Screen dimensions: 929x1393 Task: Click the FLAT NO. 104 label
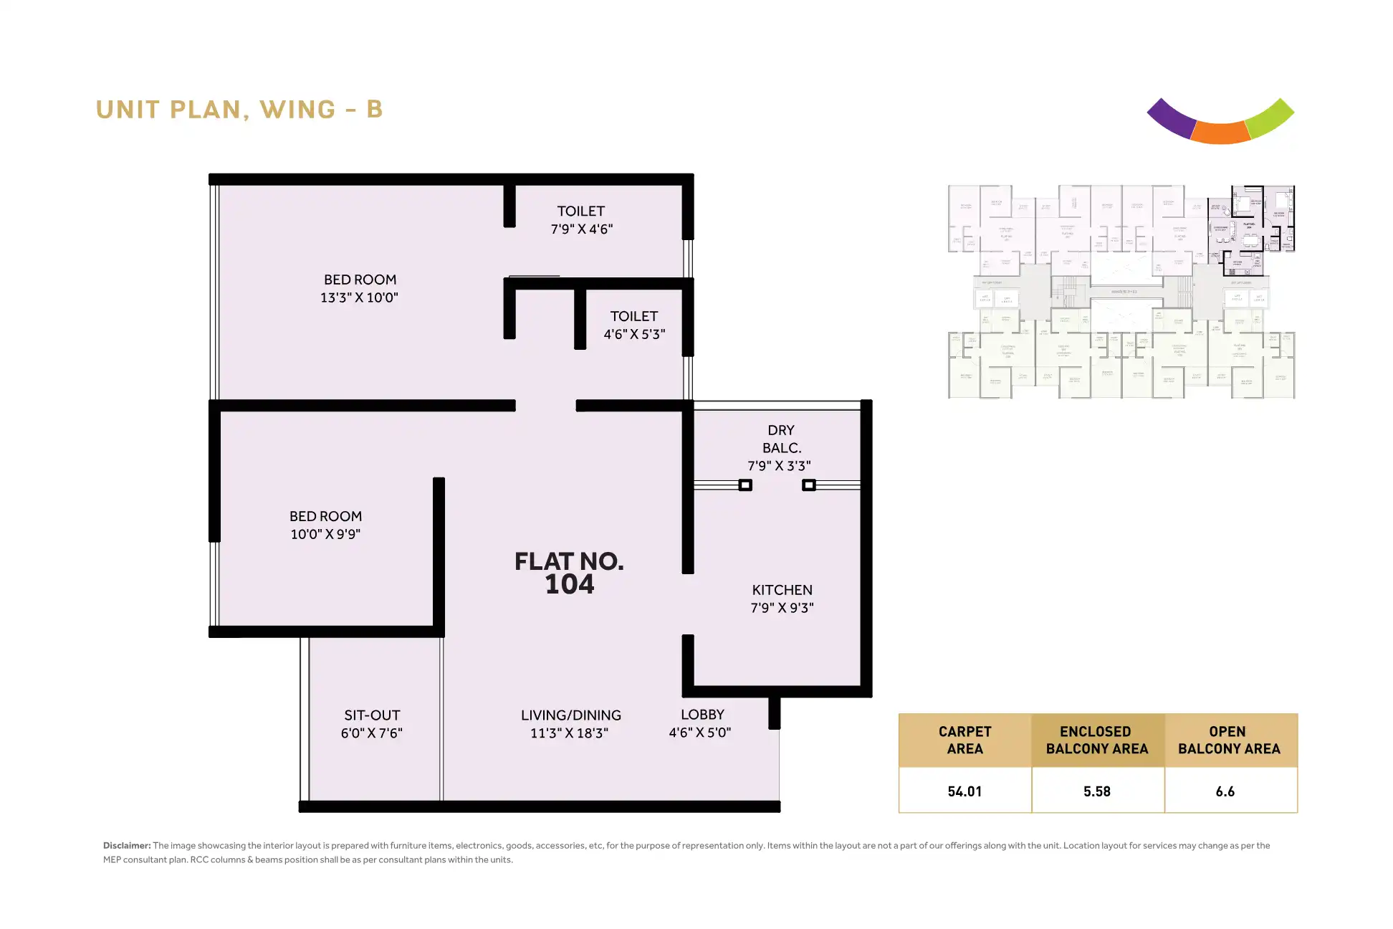(x=569, y=573)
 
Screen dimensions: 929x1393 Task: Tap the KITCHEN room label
(x=782, y=590)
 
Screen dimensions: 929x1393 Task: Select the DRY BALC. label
(x=781, y=439)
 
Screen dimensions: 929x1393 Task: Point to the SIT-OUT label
(x=372, y=715)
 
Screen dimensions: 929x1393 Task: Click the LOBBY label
(x=702, y=715)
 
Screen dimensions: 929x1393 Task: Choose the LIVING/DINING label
(x=570, y=715)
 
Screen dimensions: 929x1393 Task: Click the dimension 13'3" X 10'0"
(x=359, y=297)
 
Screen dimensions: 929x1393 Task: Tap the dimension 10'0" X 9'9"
(x=325, y=534)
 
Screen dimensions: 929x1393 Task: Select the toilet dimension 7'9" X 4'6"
(x=581, y=229)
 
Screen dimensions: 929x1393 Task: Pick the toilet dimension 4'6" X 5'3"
(x=634, y=334)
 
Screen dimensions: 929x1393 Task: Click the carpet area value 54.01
(x=964, y=791)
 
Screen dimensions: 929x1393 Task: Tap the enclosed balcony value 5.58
(x=1096, y=791)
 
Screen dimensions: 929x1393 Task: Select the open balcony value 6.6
(x=1225, y=791)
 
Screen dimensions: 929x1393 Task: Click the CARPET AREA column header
(x=964, y=740)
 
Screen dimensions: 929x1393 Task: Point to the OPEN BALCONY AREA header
(x=1229, y=740)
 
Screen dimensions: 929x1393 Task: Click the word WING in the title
(x=297, y=110)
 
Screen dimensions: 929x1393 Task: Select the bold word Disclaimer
(x=127, y=846)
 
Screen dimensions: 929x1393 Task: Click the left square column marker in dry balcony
(x=745, y=485)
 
